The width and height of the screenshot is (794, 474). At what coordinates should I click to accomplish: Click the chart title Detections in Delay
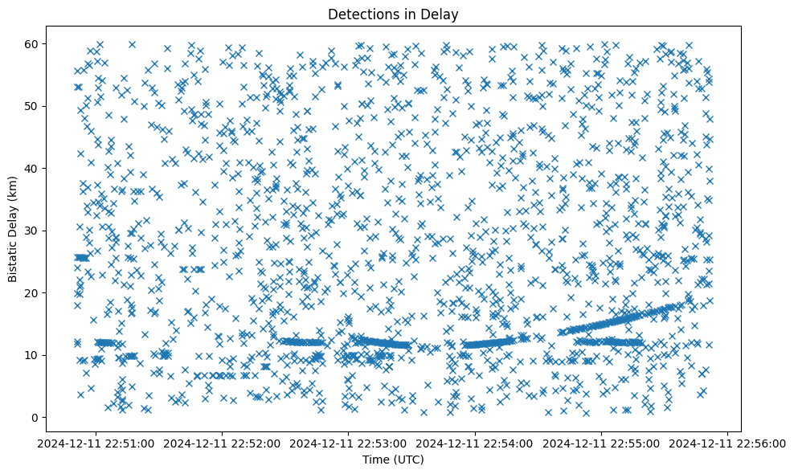(x=393, y=14)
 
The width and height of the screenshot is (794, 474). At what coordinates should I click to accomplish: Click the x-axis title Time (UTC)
(x=393, y=460)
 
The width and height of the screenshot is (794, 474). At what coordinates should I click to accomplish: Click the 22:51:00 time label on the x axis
(x=96, y=443)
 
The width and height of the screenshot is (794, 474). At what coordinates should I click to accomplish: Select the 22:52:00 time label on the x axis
(x=223, y=443)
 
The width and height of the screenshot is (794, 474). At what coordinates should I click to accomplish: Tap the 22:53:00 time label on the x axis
(x=350, y=443)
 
